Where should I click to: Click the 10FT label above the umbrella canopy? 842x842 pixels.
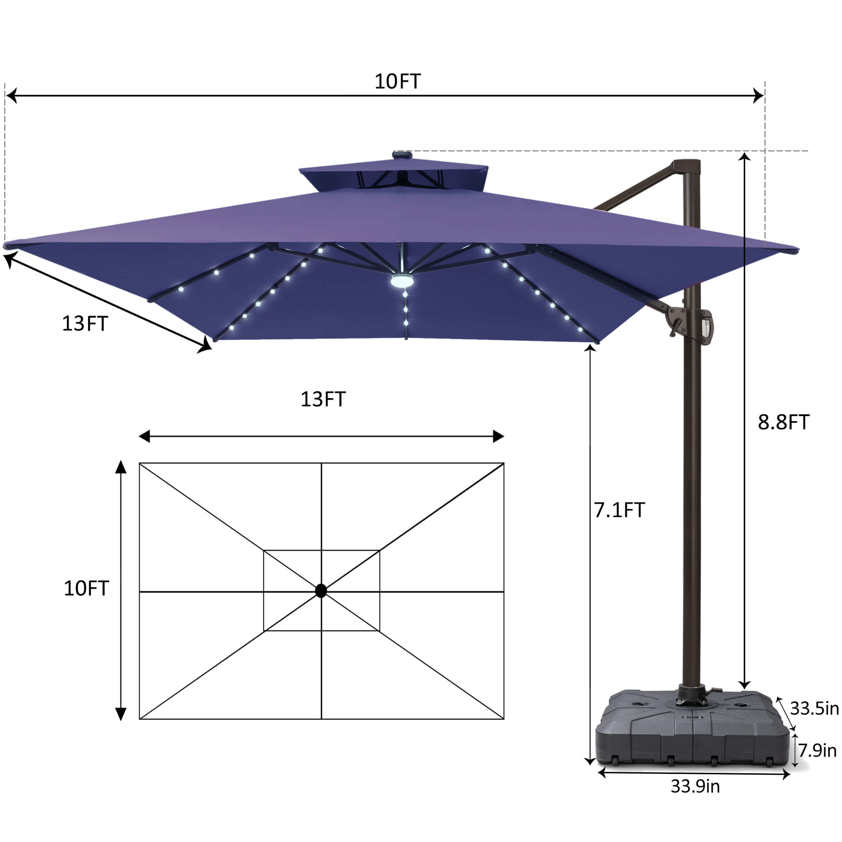click(x=397, y=81)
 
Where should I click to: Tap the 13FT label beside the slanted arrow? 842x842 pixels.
click(x=85, y=324)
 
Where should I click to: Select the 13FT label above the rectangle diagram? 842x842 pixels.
click(x=323, y=399)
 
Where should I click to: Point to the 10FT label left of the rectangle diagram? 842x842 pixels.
click(x=86, y=588)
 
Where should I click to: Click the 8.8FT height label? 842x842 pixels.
click(x=784, y=422)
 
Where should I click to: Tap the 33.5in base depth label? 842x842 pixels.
click(x=814, y=709)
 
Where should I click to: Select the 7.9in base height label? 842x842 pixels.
click(x=817, y=751)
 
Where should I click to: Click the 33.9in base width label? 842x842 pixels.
click(x=695, y=787)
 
